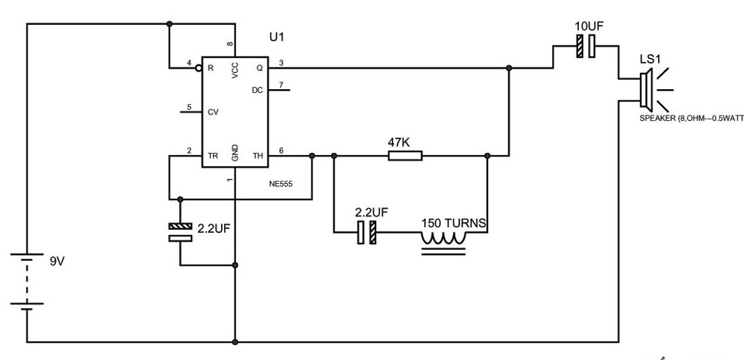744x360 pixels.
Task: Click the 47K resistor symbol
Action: [x=405, y=156]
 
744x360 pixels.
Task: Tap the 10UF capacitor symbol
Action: [x=585, y=49]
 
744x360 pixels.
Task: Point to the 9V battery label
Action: [x=57, y=261]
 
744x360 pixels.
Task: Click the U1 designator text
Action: [x=277, y=38]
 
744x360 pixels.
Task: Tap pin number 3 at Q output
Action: [x=281, y=62]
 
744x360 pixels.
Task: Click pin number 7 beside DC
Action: [x=281, y=84]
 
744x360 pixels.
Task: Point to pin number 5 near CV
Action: [x=189, y=106]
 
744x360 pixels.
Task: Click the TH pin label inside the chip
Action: [x=258, y=156]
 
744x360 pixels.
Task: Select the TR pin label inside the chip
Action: [x=212, y=156]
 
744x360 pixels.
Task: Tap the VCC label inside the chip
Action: [x=235, y=71]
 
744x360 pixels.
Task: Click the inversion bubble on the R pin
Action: [x=199, y=67]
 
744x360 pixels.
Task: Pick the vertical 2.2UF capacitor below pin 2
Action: [x=180, y=232]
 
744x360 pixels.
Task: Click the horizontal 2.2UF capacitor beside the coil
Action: [x=367, y=232]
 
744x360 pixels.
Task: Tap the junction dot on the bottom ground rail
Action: [x=235, y=341]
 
